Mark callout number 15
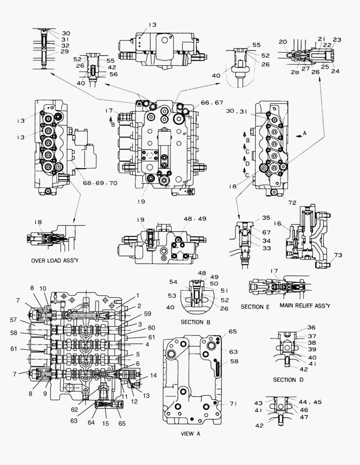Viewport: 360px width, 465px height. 106,423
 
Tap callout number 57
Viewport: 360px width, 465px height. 14,320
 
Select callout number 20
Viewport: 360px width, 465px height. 282,42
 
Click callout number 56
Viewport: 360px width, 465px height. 112,74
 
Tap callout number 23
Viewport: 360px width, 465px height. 337,40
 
